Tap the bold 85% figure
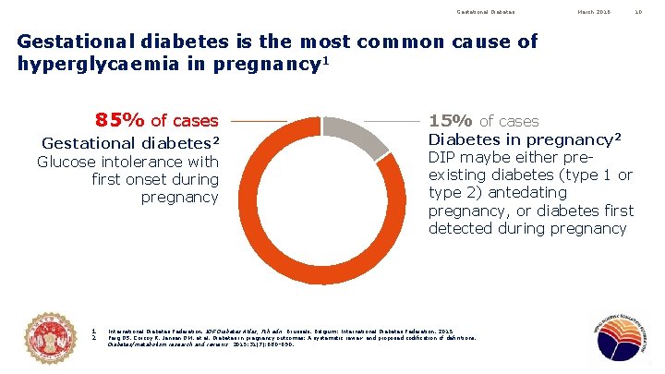click(x=120, y=120)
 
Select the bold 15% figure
click(x=452, y=121)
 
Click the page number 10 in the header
click(x=637, y=12)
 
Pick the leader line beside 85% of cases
click(x=259, y=121)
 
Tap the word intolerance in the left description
click(x=144, y=163)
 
